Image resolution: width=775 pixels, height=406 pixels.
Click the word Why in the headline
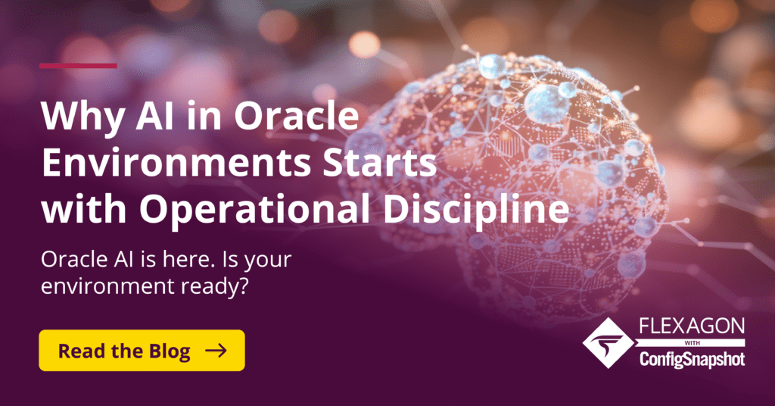point(79,120)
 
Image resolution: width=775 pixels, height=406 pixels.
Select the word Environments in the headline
point(159,164)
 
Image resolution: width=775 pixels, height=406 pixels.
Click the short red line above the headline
point(78,66)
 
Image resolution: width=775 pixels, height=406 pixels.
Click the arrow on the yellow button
point(216,350)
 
